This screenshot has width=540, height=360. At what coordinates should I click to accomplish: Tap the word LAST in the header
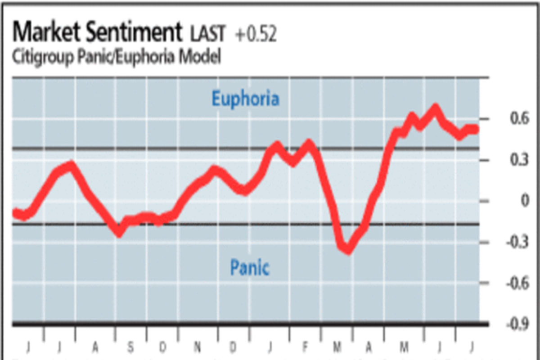(x=207, y=35)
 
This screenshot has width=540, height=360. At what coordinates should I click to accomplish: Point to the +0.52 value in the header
(x=256, y=35)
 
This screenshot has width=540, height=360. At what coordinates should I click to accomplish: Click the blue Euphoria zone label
(x=245, y=99)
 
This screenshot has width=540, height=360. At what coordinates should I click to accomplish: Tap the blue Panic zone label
(x=250, y=268)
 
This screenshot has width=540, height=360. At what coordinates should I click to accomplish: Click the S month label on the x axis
(x=130, y=347)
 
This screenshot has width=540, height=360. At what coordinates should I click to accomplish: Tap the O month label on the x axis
(x=163, y=347)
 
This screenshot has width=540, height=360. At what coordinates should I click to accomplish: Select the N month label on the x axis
(x=198, y=347)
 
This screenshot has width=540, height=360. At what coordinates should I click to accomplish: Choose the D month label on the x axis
(x=233, y=347)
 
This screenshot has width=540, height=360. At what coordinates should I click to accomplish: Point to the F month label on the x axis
(x=305, y=347)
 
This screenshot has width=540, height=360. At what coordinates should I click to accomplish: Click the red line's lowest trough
(x=347, y=250)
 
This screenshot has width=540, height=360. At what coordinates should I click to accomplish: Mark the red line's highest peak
(x=435, y=108)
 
